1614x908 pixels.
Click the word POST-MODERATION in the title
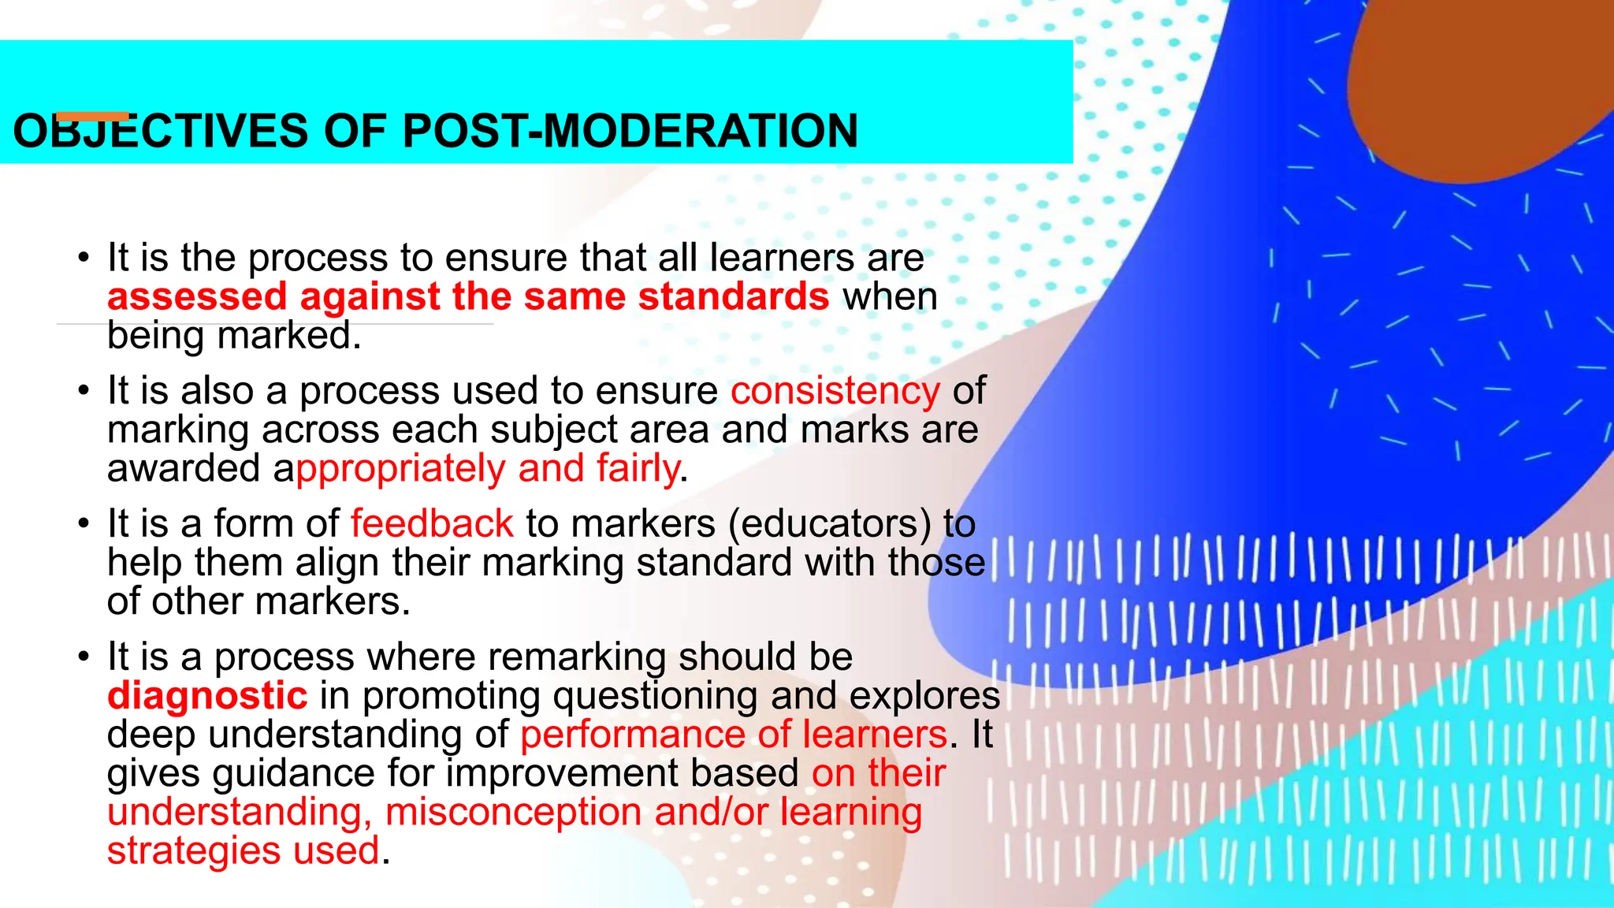pyautogui.click(x=630, y=131)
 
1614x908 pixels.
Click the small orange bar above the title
pyautogui.click(x=93, y=117)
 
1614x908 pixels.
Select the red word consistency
pyautogui.click(x=835, y=391)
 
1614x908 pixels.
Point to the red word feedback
pyautogui.click(x=432, y=524)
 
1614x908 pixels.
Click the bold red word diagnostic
pyautogui.click(x=207, y=696)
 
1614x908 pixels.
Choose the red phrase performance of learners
pyautogui.click(x=733, y=735)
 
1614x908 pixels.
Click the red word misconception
pyautogui.click(x=513, y=812)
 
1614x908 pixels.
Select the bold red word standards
pyautogui.click(x=733, y=297)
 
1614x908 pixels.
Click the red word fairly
pyautogui.click(x=638, y=468)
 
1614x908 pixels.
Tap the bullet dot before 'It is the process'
pyautogui.click(x=84, y=259)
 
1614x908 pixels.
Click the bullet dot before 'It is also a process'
pyautogui.click(x=84, y=392)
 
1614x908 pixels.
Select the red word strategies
pyautogui.click(x=194, y=850)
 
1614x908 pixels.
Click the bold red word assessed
pyautogui.click(x=197, y=297)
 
